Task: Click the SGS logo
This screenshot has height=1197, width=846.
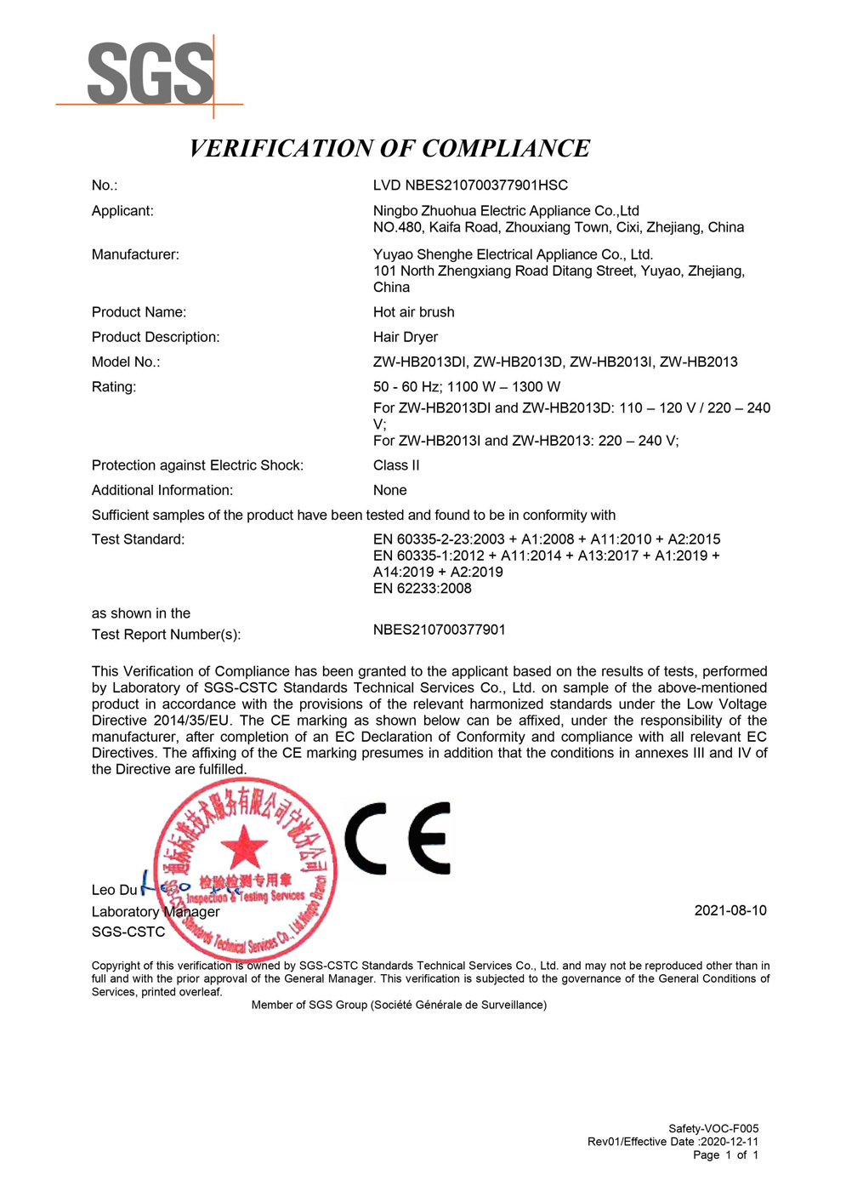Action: (x=150, y=75)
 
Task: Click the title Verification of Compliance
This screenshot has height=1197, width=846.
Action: (x=389, y=148)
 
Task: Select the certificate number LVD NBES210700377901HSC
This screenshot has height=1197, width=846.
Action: (x=470, y=185)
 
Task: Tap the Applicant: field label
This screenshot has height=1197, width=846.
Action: (x=122, y=211)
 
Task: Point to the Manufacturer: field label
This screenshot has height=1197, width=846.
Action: (x=135, y=254)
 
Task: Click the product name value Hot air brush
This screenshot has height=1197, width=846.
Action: (x=413, y=312)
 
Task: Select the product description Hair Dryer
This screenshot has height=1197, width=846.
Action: (x=406, y=337)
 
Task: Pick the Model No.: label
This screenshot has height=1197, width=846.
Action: (x=126, y=362)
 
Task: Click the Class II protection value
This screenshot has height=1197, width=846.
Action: (x=396, y=465)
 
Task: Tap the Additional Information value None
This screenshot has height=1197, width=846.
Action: (x=389, y=490)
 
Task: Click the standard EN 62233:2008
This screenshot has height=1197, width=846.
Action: (x=422, y=588)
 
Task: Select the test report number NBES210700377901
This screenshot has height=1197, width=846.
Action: (x=439, y=630)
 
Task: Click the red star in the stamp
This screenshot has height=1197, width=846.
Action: (x=244, y=846)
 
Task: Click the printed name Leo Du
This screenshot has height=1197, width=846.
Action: (x=114, y=890)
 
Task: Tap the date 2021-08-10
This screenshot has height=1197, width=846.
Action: (x=730, y=910)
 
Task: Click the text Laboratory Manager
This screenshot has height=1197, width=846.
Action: (x=156, y=912)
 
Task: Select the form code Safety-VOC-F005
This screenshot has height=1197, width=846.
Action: (x=713, y=1129)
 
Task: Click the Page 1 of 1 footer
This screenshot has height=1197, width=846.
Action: (x=725, y=1154)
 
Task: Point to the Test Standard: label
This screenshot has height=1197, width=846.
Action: (x=138, y=539)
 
